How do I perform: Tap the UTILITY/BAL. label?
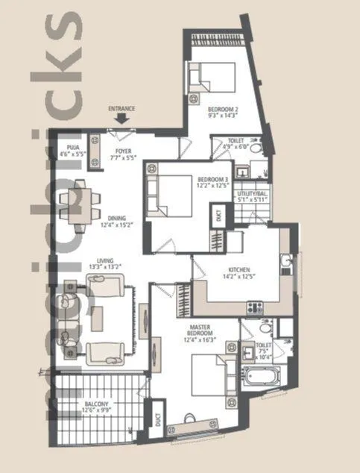(253, 195)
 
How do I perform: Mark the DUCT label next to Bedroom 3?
(218, 216)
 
